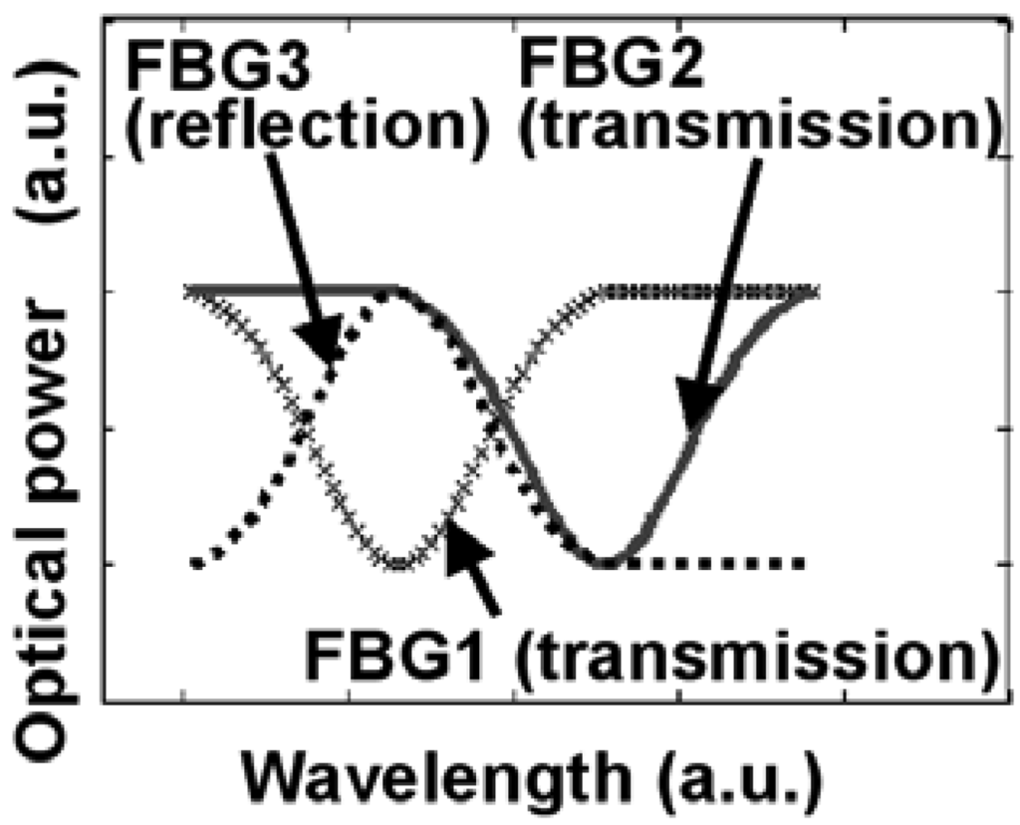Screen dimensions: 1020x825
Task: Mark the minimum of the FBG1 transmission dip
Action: point(398,564)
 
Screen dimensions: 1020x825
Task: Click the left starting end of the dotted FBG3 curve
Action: point(196,563)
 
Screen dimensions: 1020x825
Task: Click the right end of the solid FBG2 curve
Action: point(812,293)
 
